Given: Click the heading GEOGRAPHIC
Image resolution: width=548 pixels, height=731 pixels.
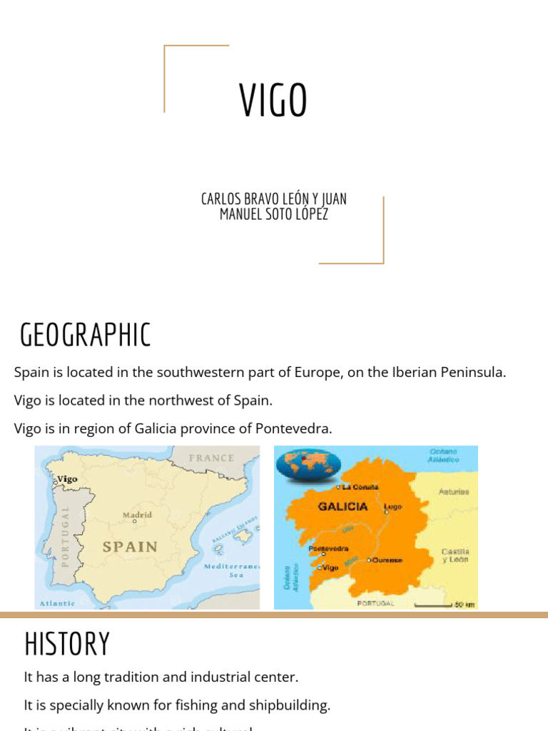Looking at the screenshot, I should coord(85,335).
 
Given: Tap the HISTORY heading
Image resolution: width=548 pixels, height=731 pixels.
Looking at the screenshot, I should coord(67,644).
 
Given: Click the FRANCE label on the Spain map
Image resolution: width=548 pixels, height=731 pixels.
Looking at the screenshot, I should coord(211,458).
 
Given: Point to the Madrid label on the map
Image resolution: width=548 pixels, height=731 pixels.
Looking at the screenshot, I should coord(137,515).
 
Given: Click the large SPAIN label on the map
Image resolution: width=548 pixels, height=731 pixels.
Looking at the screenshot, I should coord(130,547).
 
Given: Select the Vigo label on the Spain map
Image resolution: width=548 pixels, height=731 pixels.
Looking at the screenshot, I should coord(67,479).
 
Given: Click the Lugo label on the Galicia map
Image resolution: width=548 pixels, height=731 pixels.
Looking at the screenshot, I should coord(393,507).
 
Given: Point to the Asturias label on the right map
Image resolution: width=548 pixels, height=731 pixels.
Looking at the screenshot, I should coord(454,492).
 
